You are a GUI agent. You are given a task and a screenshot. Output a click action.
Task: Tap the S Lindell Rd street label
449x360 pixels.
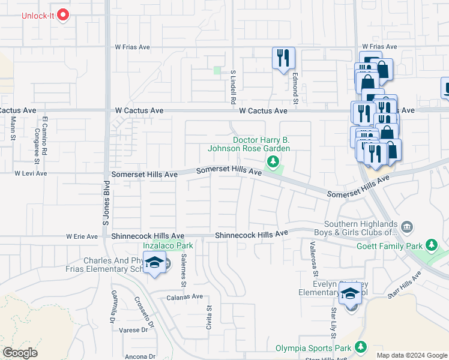click(233, 87)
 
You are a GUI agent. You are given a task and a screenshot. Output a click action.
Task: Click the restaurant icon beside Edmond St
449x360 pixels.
click(283, 58)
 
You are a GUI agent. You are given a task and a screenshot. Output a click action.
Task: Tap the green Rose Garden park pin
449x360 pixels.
click(273, 161)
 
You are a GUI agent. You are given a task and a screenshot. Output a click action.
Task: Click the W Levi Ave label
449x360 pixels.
click(31, 173)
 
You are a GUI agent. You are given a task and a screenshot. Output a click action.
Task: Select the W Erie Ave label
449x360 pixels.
click(82, 237)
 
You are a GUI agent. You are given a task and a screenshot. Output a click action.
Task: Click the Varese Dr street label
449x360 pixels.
click(133, 330)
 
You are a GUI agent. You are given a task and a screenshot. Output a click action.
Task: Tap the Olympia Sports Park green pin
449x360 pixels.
click(361, 347)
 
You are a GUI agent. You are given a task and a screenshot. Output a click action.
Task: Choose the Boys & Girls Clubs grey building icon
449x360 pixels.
click(407, 226)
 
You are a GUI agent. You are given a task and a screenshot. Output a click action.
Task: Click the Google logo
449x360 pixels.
click(20, 353)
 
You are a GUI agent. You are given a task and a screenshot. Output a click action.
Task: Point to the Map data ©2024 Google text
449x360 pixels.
click(411, 355)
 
